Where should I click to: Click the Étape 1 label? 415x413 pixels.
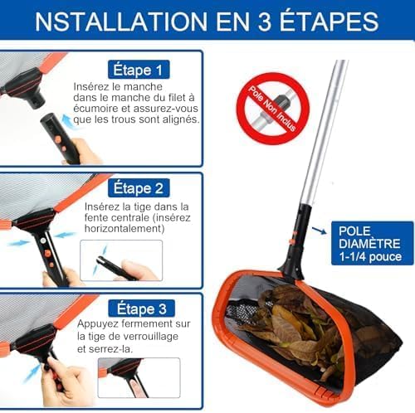(x=139, y=70)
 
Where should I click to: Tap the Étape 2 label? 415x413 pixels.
(x=139, y=188)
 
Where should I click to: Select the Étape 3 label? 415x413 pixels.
(x=141, y=309)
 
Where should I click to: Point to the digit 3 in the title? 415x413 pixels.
(x=264, y=22)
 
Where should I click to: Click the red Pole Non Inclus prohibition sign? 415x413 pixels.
(x=273, y=109)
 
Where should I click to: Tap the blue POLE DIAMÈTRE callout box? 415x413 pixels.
(x=373, y=243)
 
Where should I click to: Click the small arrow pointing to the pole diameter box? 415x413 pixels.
(x=319, y=231)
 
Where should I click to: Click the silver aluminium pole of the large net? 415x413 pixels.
(x=325, y=132)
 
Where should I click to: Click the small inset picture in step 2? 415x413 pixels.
(x=121, y=260)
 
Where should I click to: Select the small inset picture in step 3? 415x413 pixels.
(x=139, y=378)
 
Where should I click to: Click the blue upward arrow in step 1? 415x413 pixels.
(x=67, y=121)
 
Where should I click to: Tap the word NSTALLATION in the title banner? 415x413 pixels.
(x=121, y=22)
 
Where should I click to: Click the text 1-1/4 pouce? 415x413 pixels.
(x=370, y=257)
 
